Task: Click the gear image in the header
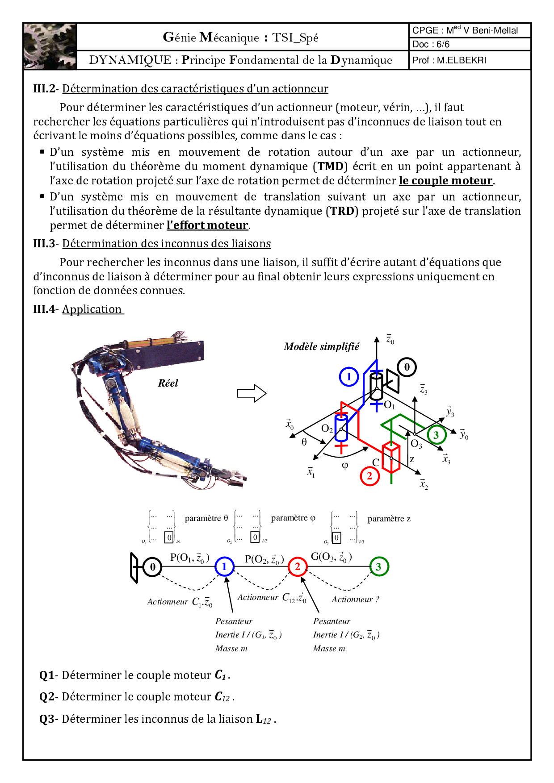pyautogui.click(x=50, y=46)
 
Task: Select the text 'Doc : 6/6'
pyautogui.click(x=431, y=44)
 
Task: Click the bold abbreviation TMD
pyautogui.click(x=331, y=167)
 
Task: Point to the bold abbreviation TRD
pyautogui.click(x=342, y=211)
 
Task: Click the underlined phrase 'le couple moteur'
pyautogui.click(x=445, y=181)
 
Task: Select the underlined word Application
pyautogui.click(x=92, y=309)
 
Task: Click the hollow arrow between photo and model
pyautogui.click(x=252, y=393)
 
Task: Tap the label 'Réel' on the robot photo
pyautogui.click(x=168, y=383)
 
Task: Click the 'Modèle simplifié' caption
pyautogui.click(x=321, y=347)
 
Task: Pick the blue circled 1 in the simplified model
pyautogui.click(x=349, y=377)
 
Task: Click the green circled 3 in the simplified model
pyautogui.click(x=436, y=435)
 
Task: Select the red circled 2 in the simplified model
pyautogui.click(x=369, y=476)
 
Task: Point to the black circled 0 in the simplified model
pyautogui.click(x=407, y=367)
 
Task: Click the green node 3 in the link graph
pyautogui.click(x=378, y=567)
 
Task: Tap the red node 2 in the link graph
pyautogui.click(x=298, y=567)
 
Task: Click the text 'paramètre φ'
pyautogui.click(x=293, y=518)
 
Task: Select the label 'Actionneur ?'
pyautogui.click(x=355, y=600)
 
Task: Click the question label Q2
pyautogui.click(x=47, y=697)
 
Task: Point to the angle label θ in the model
pyautogui.click(x=304, y=442)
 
